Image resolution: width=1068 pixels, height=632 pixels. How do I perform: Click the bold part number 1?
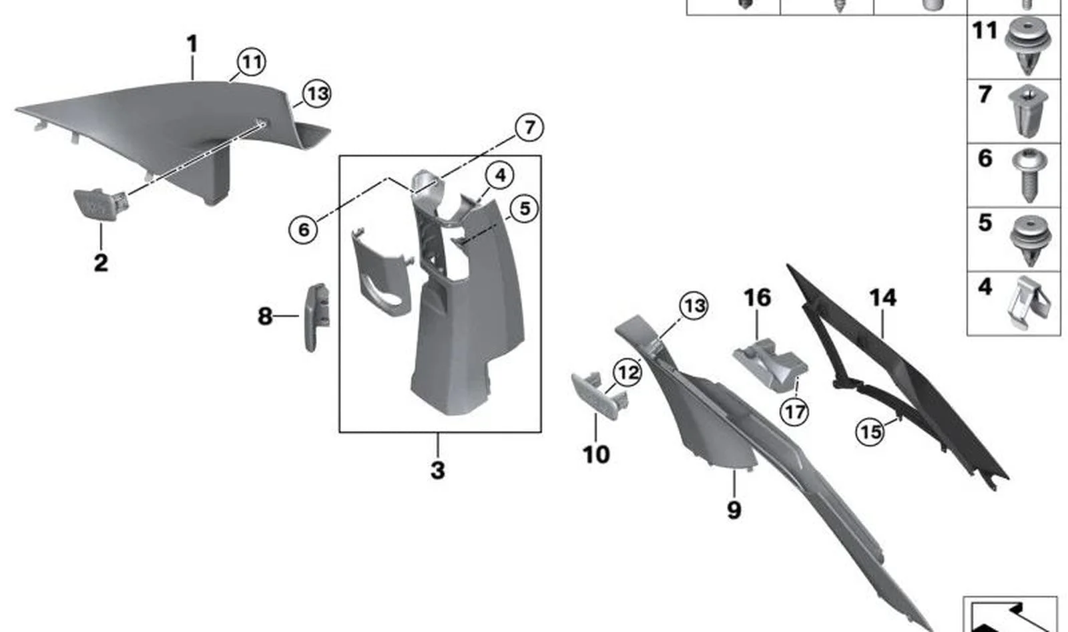coord(192,44)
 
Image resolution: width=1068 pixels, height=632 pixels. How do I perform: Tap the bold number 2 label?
coord(101,263)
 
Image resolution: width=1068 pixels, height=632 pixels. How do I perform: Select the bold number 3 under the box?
coord(438,470)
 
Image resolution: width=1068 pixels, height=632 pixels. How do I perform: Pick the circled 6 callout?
coord(304,230)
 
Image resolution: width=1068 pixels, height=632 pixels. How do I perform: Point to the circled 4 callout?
coord(500,175)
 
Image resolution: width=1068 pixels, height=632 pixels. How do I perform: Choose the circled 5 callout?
coord(525,208)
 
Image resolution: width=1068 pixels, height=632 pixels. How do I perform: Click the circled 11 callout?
coord(252,62)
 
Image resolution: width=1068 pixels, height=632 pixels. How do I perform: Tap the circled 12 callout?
coord(628,372)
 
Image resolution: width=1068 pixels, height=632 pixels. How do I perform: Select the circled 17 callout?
coord(795,412)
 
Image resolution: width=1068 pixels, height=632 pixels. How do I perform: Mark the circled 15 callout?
coord(870,432)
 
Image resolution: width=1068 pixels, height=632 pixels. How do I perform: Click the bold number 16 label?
coord(758,298)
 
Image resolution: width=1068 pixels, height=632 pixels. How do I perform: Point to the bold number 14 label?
coord(883,298)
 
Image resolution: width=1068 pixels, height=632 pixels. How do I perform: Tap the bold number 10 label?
coord(596,454)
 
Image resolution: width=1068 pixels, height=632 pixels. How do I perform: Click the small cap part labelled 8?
coord(316,317)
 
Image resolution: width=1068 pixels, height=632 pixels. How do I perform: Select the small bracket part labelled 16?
coord(770,365)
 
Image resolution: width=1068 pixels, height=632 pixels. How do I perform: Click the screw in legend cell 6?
coord(1029,175)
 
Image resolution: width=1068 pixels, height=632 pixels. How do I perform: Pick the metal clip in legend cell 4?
coord(1030,303)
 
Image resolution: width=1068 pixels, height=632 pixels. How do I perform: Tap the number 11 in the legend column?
coord(985,31)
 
